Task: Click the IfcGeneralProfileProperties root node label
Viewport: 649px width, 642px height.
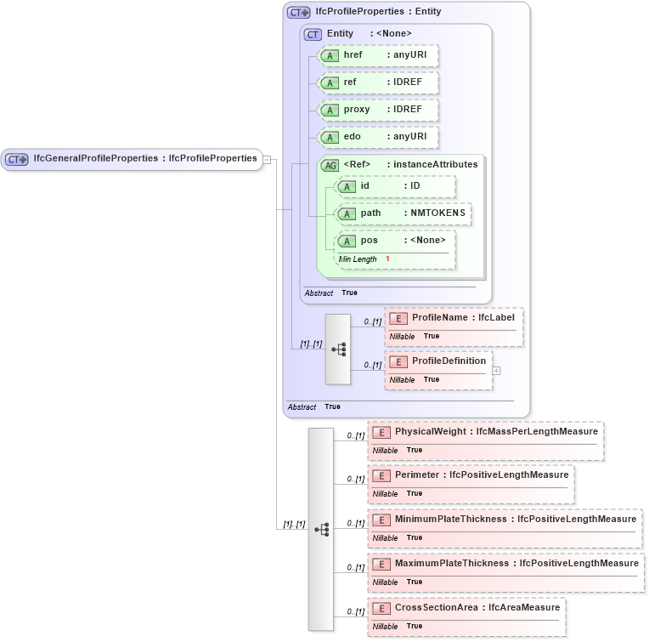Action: click(x=144, y=158)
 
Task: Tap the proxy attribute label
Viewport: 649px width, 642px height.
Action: click(x=357, y=111)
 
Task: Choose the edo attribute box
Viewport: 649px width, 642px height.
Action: click(x=378, y=137)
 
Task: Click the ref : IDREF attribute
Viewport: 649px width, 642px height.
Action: click(x=378, y=83)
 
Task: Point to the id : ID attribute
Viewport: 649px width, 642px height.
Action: click(x=396, y=186)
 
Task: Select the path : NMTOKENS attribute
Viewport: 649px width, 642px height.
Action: click(x=404, y=213)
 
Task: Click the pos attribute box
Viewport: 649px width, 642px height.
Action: click(x=396, y=241)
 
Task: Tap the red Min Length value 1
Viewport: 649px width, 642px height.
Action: click(x=387, y=259)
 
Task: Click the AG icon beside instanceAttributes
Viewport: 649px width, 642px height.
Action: click(x=329, y=165)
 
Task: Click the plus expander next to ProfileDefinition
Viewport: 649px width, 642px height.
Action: click(x=497, y=370)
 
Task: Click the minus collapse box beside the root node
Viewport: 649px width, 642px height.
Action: click(x=267, y=159)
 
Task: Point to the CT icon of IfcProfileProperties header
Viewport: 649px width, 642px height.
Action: click(x=298, y=13)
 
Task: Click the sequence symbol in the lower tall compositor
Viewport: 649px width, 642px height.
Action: click(x=321, y=529)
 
